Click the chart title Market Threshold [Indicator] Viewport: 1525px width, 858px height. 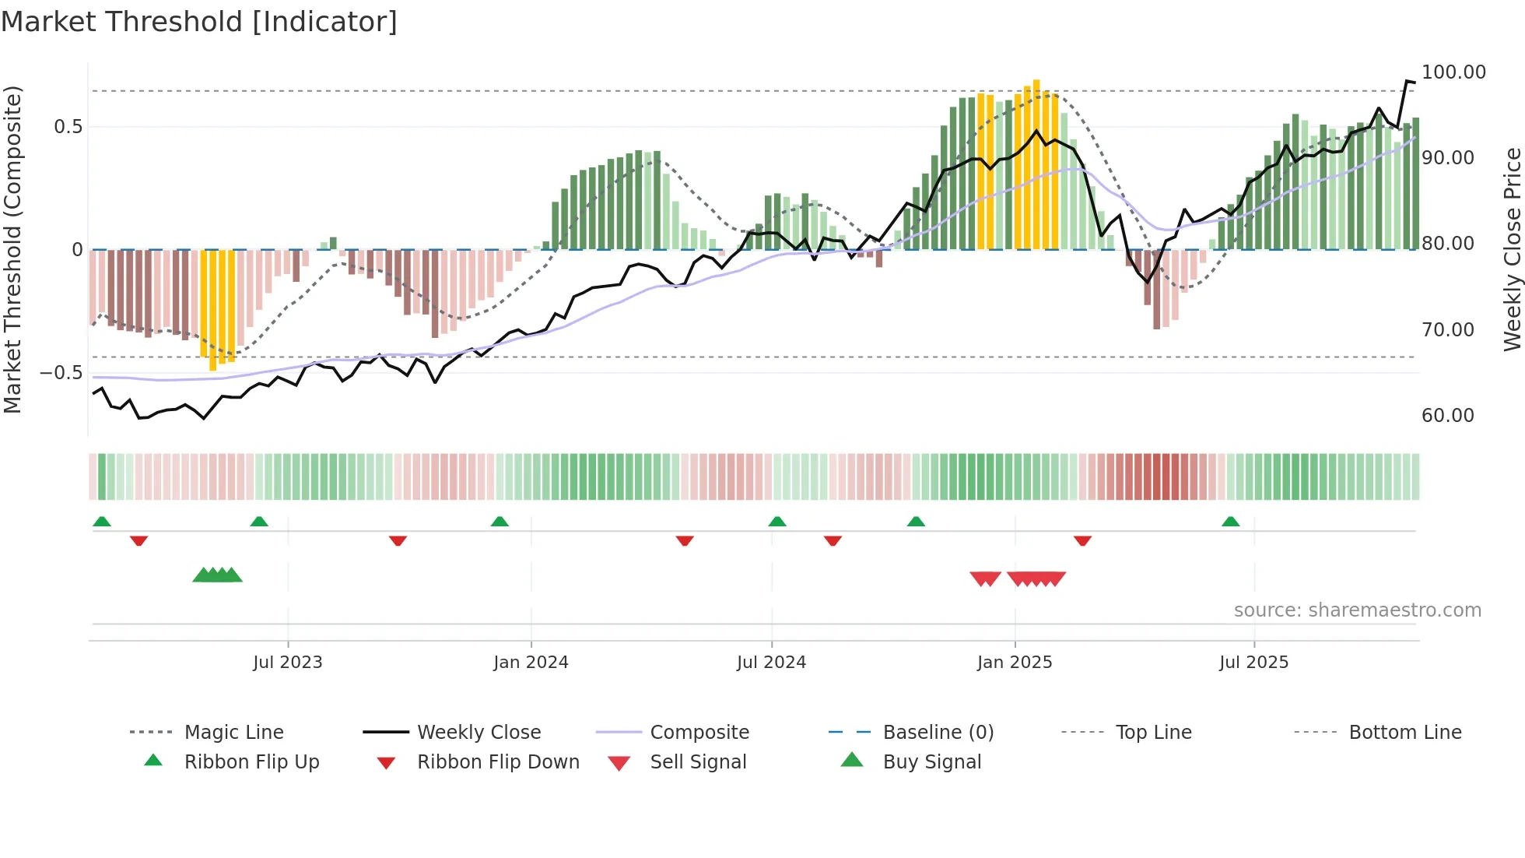pyautogui.click(x=199, y=22)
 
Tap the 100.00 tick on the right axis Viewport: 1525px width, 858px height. pyautogui.click(x=1453, y=72)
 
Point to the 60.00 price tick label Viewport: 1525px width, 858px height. pyautogui.click(x=1447, y=416)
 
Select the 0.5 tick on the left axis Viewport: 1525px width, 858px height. pyautogui.click(x=68, y=127)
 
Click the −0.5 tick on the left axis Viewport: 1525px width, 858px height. pyautogui.click(x=61, y=373)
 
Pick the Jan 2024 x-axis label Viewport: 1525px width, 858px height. pyautogui.click(x=531, y=663)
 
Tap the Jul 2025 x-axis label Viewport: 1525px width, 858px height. pyautogui.click(x=1253, y=663)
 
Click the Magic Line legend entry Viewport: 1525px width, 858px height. pyautogui.click(x=233, y=733)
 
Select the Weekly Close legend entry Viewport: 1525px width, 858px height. pyautogui.click(x=479, y=733)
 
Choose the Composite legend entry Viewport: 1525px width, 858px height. pyautogui.click(x=699, y=733)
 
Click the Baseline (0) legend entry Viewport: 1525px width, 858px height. pyautogui.click(x=938, y=733)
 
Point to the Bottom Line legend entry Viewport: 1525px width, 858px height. pyautogui.click(x=1404, y=733)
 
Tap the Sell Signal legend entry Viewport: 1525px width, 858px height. pyautogui.click(x=697, y=762)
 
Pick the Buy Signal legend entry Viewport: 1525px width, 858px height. pyautogui.click(x=931, y=762)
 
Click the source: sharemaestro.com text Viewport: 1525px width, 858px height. pyautogui.click(x=1357, y=610)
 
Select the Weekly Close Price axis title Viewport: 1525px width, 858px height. pyautogui.click(x=1512, y=249)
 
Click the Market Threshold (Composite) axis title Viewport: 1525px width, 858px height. pyautogui.click(x=12, y=249)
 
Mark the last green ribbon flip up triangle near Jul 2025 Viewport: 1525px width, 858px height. pyautogui.click(x=1230, y=522)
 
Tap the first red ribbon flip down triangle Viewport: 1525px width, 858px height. pyautogui.click(x=139, y=540)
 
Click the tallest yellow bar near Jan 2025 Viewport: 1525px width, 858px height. pyautogui.click(x=1036, y=164)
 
